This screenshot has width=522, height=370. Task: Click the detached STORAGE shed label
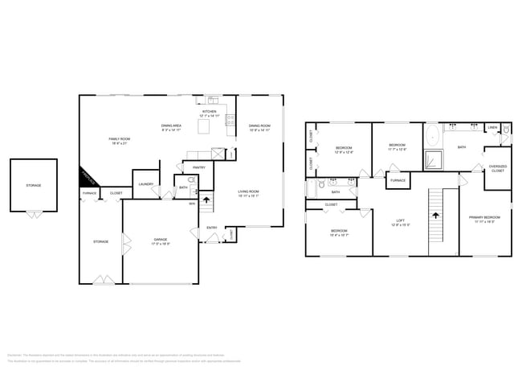pyautogui.click(x=33, y=186)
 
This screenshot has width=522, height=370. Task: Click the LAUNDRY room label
pyautogui.click(x=145, y=184)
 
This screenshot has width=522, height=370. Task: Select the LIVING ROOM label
pyautogui.click(x=249, y=192)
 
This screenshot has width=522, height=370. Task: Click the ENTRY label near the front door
pyautogui.click(x=212, y=228)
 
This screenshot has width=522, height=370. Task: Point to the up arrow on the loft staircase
pyautogui.click(x=437, y=215)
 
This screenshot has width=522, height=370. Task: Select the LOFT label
pyautogui.click(x=400, y=221)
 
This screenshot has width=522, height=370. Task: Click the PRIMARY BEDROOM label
pyautogui.click(x=485, y=218)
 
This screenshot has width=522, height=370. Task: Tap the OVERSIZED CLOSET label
pyautogui.click(x=497, y=169)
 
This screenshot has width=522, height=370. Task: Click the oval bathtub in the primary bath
pyautogui.click(x=431, y=134)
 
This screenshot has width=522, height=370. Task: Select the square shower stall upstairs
pyautogui.click(x=434, y=159)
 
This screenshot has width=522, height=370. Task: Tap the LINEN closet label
pyautogui.click(x=492, y=128)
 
